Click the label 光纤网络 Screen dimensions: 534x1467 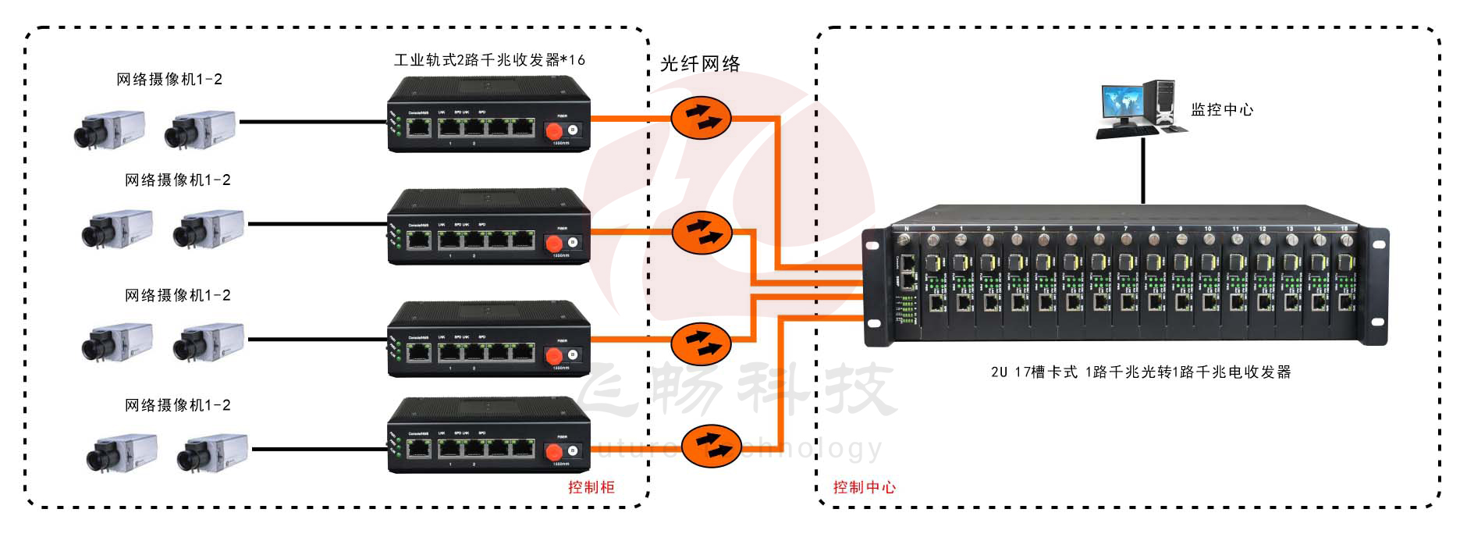point(700,64)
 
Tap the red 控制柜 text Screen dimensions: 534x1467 point(591,487)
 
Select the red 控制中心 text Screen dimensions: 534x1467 point(864,487)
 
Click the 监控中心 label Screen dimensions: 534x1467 point(1221,110)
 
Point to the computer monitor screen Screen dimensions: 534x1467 point(1122,103)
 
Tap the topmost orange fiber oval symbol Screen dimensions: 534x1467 point(701,118)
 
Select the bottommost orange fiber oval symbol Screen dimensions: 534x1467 point(711,446)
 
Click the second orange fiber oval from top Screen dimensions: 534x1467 point(702,232)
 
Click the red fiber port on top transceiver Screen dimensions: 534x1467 point(554,130)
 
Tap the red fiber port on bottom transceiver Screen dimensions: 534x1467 point(554,451)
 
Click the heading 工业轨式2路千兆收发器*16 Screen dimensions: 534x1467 point(489,60)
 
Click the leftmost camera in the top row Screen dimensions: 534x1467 point(109,129)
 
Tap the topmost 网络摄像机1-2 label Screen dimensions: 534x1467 point(169,80)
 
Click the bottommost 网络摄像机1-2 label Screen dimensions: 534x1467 point(178,405)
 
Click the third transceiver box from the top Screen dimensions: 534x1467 point(489,340)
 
